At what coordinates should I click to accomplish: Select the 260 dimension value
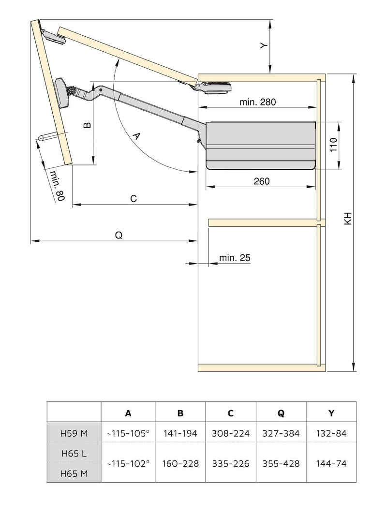coord(261,181)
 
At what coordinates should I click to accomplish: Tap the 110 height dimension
coord(332,146)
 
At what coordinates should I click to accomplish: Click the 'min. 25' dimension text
coord(235,258)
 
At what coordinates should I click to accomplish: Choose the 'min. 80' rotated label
coord(57,186)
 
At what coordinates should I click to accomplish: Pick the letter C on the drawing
coord(134,199)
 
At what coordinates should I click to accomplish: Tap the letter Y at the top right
coord(263,45)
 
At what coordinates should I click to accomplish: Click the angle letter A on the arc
coord(136,136)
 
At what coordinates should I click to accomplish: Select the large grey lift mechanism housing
coord(260,145)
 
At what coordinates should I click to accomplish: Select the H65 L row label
coord(74,454)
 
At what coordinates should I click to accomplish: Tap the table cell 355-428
coord(281,464)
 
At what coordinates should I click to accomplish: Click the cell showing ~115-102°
coord(128,464)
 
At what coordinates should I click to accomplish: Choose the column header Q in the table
coord(281,413)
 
